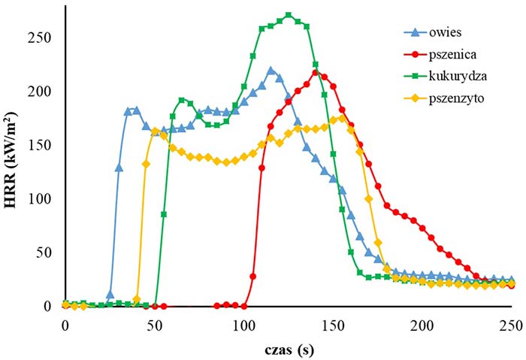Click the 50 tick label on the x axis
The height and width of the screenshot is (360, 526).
[x=155, y=324]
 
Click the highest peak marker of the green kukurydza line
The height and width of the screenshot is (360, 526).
[x=289, y=15]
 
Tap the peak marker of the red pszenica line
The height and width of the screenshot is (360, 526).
[x=316, y=72]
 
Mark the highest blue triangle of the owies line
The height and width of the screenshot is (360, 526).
[x=271, y=71]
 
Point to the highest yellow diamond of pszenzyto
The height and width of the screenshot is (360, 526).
[x=342, y=118]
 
